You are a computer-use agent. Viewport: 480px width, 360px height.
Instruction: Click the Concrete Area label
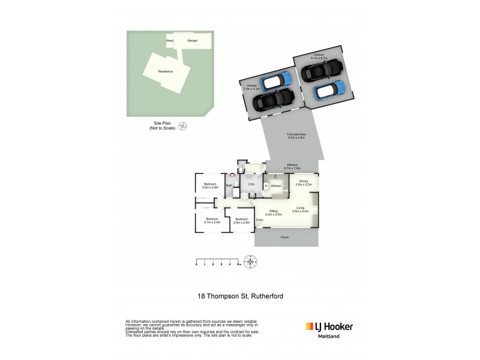[x=296, y=136]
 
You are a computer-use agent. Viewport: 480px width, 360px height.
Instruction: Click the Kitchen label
[x=277, y=186]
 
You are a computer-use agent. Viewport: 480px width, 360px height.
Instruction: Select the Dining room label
[x=303, y=182]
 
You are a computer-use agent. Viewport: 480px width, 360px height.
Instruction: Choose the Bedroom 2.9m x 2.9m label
[x=242, y=221]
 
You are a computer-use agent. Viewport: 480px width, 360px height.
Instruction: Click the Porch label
[x=284, y=238]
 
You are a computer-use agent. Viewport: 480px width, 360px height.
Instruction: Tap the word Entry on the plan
[x=260, y=221]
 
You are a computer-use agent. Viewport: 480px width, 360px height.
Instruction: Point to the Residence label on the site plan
[x=166, y=71]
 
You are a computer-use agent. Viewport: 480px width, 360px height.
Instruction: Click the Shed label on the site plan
[x=170, y=40]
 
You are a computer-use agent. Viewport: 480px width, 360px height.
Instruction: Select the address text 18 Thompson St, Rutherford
[x=240, y=296]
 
